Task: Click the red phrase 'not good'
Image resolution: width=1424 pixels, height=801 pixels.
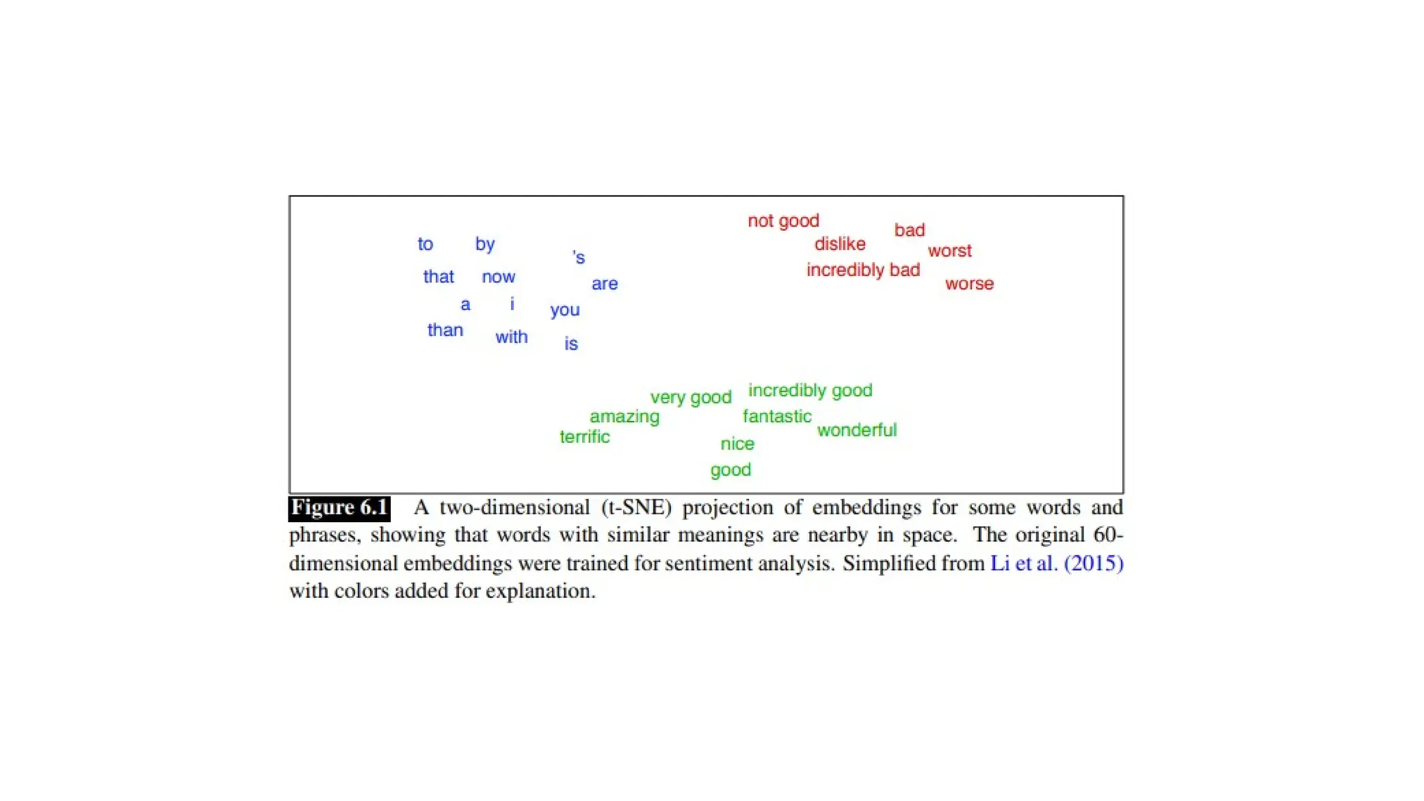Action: click(783, 221)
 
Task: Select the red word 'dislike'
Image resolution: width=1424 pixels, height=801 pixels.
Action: click(839, 244)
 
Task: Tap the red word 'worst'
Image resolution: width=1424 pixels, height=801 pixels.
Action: click(949, 251)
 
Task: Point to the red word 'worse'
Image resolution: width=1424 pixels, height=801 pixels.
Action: click(969, 284)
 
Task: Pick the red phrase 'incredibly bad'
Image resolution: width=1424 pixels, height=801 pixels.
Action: click(863, 270)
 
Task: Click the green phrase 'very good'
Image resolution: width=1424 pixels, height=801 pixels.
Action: click(690, 398)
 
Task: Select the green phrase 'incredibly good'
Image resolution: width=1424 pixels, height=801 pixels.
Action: click(810, 390)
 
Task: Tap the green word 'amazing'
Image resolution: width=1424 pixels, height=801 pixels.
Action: click(624, 416)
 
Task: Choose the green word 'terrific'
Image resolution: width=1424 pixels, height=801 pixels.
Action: click(584, 437)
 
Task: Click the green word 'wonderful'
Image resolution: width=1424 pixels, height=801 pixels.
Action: click(857, 430)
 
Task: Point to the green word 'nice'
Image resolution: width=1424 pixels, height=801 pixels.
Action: click(737, 444)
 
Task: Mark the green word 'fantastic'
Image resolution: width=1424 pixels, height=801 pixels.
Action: click(777, 416)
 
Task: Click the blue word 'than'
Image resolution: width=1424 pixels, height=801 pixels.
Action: click(445, 330)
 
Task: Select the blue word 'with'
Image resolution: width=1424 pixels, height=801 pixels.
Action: click(511, 337)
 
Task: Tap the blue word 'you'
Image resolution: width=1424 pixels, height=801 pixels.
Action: click(565, 310)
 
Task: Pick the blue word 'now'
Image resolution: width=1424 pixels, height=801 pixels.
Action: click(499, 277)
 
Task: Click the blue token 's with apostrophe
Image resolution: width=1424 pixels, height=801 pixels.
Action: click(578, 258)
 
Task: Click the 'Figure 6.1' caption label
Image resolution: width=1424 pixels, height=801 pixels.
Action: click(339, 508)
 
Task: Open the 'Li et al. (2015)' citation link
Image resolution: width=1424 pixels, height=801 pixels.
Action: click(1056, 563)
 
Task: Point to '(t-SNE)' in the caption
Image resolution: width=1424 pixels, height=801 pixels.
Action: click(636, 508)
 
